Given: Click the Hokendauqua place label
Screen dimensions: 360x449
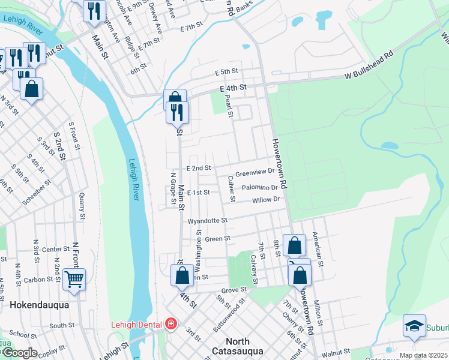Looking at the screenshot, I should tap(39, 305).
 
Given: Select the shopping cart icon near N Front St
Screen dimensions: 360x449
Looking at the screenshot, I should tap(74, 278).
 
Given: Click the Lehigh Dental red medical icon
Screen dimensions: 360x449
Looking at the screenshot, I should tap(171, 324).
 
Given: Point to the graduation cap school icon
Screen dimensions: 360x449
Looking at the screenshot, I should tap(414, 325).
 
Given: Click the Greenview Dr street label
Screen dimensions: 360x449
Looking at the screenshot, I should tap(255, 172).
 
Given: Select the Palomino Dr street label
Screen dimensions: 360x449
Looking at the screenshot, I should tap(260, 188).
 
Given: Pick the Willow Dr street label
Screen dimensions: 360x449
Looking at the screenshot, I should tap(266, 200).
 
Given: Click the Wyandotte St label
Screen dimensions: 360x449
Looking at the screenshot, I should tap(208, 221).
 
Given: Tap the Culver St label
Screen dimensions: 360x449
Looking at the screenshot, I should tap(231, 188).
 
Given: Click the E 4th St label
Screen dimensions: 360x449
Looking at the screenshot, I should tap(234, 88).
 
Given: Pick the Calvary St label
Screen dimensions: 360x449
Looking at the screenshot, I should tap(254, 269).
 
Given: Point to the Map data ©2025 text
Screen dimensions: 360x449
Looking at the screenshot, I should tap(423, 355).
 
